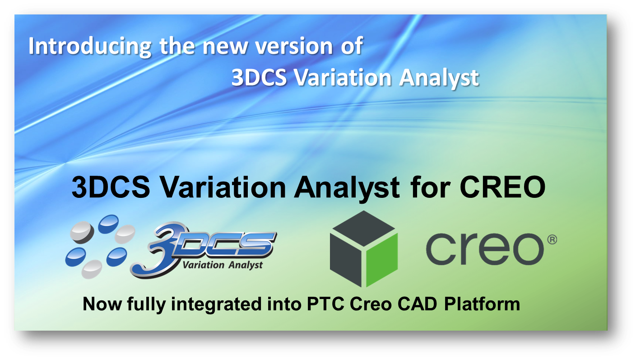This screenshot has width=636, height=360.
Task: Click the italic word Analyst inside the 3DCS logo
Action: (x=242, y=265)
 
